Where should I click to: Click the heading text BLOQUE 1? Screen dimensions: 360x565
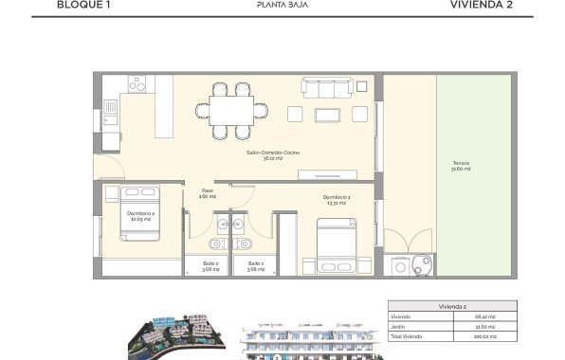83,5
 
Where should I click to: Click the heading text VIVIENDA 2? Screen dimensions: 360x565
483,5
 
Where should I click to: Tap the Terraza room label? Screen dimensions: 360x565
462,166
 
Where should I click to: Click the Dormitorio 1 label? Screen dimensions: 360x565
335,198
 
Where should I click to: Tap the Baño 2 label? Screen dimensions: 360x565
210,265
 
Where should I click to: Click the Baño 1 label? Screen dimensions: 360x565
255,265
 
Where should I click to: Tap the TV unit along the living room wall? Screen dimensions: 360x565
327,173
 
